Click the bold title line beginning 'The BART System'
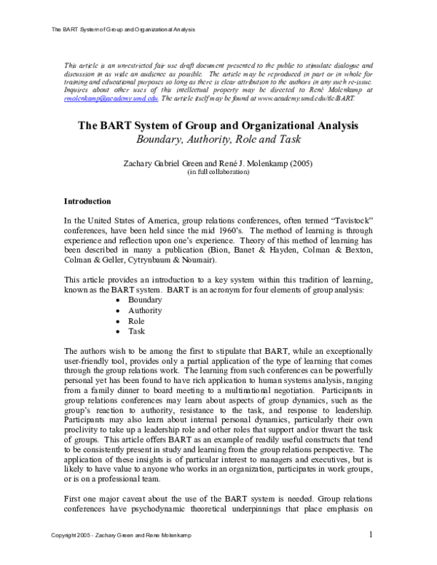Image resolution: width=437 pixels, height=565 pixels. (x=219, y=125)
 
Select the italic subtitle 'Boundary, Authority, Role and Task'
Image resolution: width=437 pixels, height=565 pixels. (x=219, y=139)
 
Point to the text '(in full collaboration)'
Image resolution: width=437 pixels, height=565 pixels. (x=218, y=173)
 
